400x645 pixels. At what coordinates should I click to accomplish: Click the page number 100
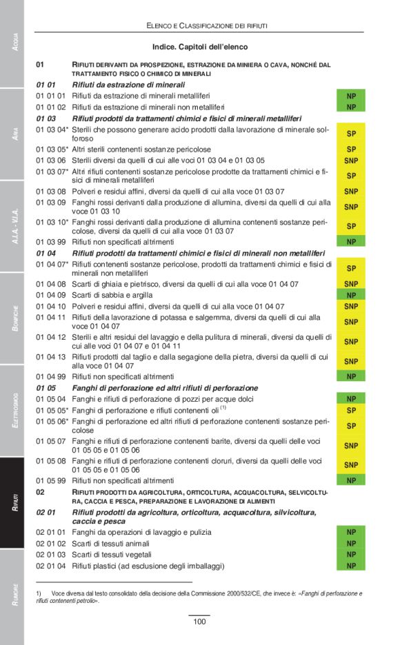point(199,622)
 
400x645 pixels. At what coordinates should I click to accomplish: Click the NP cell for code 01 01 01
point(351,96)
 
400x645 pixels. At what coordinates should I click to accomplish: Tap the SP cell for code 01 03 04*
point(351,133)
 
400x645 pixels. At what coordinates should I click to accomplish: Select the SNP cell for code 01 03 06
point(351,160)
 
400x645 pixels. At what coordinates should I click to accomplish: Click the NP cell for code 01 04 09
point(351,295)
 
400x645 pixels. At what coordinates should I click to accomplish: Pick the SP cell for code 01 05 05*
point(351,410)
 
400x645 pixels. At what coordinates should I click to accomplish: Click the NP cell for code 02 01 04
point(351,566)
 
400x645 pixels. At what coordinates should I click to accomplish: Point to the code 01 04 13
point(52,357)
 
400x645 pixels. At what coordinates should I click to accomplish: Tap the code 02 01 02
point(52,544)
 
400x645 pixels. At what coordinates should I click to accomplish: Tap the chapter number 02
point(41,492)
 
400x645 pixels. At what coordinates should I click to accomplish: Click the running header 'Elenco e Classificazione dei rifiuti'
point(207,25)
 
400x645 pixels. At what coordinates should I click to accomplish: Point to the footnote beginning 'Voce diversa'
point(200,596)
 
